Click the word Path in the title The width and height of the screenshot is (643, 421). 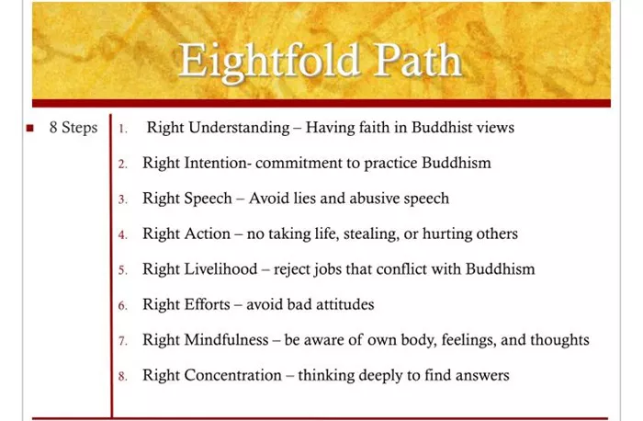419,60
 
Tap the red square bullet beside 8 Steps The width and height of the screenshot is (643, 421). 30,129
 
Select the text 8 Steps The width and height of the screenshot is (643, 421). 73,128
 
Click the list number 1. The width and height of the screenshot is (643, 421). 122,129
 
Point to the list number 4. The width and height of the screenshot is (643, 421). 122,234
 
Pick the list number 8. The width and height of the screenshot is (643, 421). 122,376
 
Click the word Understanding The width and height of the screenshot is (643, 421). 239,128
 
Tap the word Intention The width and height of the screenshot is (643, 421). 216,163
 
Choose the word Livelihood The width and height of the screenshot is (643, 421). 220,269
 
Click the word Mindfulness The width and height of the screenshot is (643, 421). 226,340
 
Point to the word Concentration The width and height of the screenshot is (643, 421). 233,375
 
